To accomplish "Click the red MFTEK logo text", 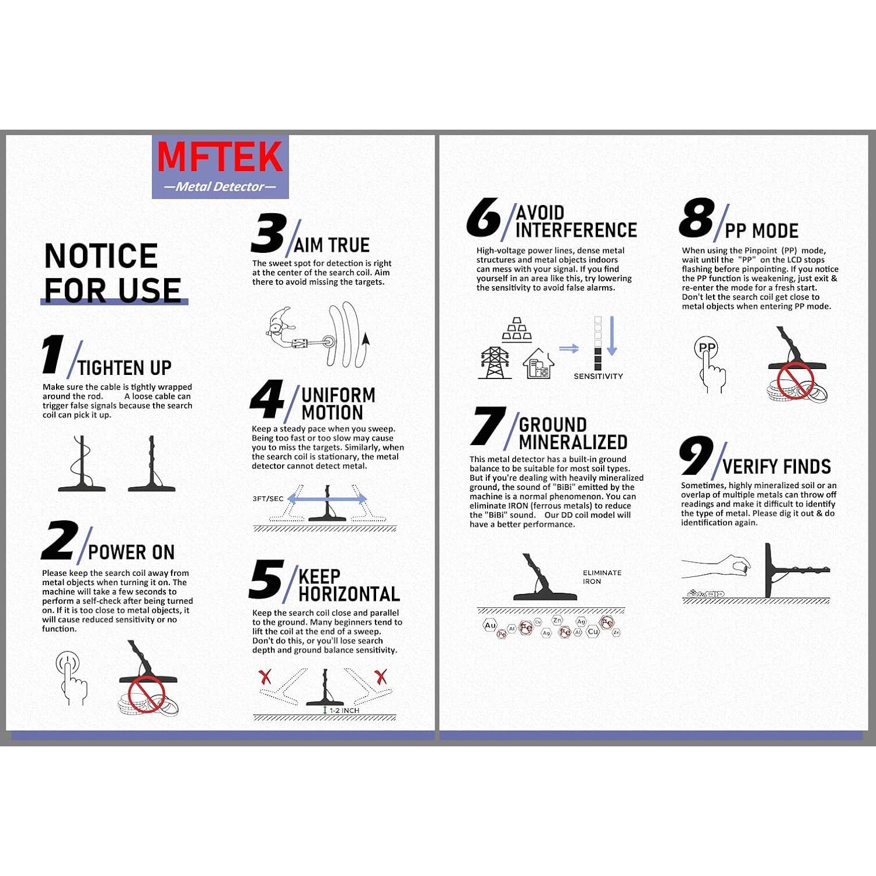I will pos(220,157).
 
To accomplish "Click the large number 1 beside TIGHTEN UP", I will pos(53,354).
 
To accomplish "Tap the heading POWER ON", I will pos(131,552).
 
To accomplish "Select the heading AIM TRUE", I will pos(331,245).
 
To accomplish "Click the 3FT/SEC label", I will pos(267,499).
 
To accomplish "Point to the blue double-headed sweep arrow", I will pos(327,499).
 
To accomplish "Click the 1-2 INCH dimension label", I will pos(344,710).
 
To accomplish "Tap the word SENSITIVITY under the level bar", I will pos(598,376).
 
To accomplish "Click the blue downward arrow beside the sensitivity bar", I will pos(611,336).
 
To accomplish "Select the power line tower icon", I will pos(495,363).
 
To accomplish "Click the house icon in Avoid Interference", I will pos(538,364).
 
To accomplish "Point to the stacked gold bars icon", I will pos(517,329).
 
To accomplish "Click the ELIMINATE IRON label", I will pos(602,577).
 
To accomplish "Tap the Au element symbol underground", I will pos(490,625).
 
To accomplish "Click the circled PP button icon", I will pos(707,348).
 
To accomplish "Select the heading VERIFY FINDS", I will pos(776,467).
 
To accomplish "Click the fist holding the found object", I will pos(739,565).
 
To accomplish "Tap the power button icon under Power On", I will pos(68,665).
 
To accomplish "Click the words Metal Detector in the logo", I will pos(220,187).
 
